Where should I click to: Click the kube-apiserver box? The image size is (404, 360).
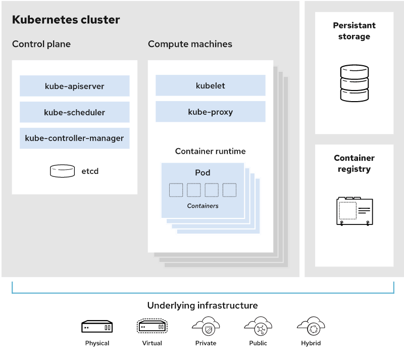pyautogui.click(x=74, y=86)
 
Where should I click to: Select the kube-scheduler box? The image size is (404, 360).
pyautogui.click(x=74, y=112)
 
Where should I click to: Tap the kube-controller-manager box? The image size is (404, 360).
pyautogui.click(x=74, y=138)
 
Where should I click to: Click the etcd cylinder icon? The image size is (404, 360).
pyautogui.click(x=62, y=171)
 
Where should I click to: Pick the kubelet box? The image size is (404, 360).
pyautogui.click(x=211, y=85)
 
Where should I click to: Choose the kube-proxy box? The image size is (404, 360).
pyautogui.click(x=211, y=112)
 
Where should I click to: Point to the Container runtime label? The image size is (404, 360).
pyautogui.click(x=210, y=151)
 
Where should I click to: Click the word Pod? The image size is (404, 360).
pyautogui.click(x=203, y=172)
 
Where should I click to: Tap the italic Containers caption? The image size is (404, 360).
pyautogui.click(x=203, y=206)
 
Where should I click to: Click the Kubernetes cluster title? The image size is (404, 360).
pyautogui.click(x=66, y=20)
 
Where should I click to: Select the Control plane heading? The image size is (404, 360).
pyautogui.click(x=41, y=44)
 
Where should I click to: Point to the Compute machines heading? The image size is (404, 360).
pyautogui.click(x=190, y=44)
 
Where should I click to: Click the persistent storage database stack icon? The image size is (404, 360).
pyautogui.click(x=355, y=83)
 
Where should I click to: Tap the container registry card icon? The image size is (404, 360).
pyautogui.click(x=355, y=211)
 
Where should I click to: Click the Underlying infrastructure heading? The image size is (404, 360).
pyautogui.click(x=203, y=305)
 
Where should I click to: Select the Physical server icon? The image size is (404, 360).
pyautogui.click(x=97, y=327)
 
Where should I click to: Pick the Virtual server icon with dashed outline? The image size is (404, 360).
pyautogui.click(x=152, y=326)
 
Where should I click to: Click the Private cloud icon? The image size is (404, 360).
pyautogui.click(x=206, y=326)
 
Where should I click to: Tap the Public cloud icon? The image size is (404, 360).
pyautogui.click(x=258, y=326)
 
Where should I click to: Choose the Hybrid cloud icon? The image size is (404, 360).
pyautogui.click(x=311, y=326)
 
